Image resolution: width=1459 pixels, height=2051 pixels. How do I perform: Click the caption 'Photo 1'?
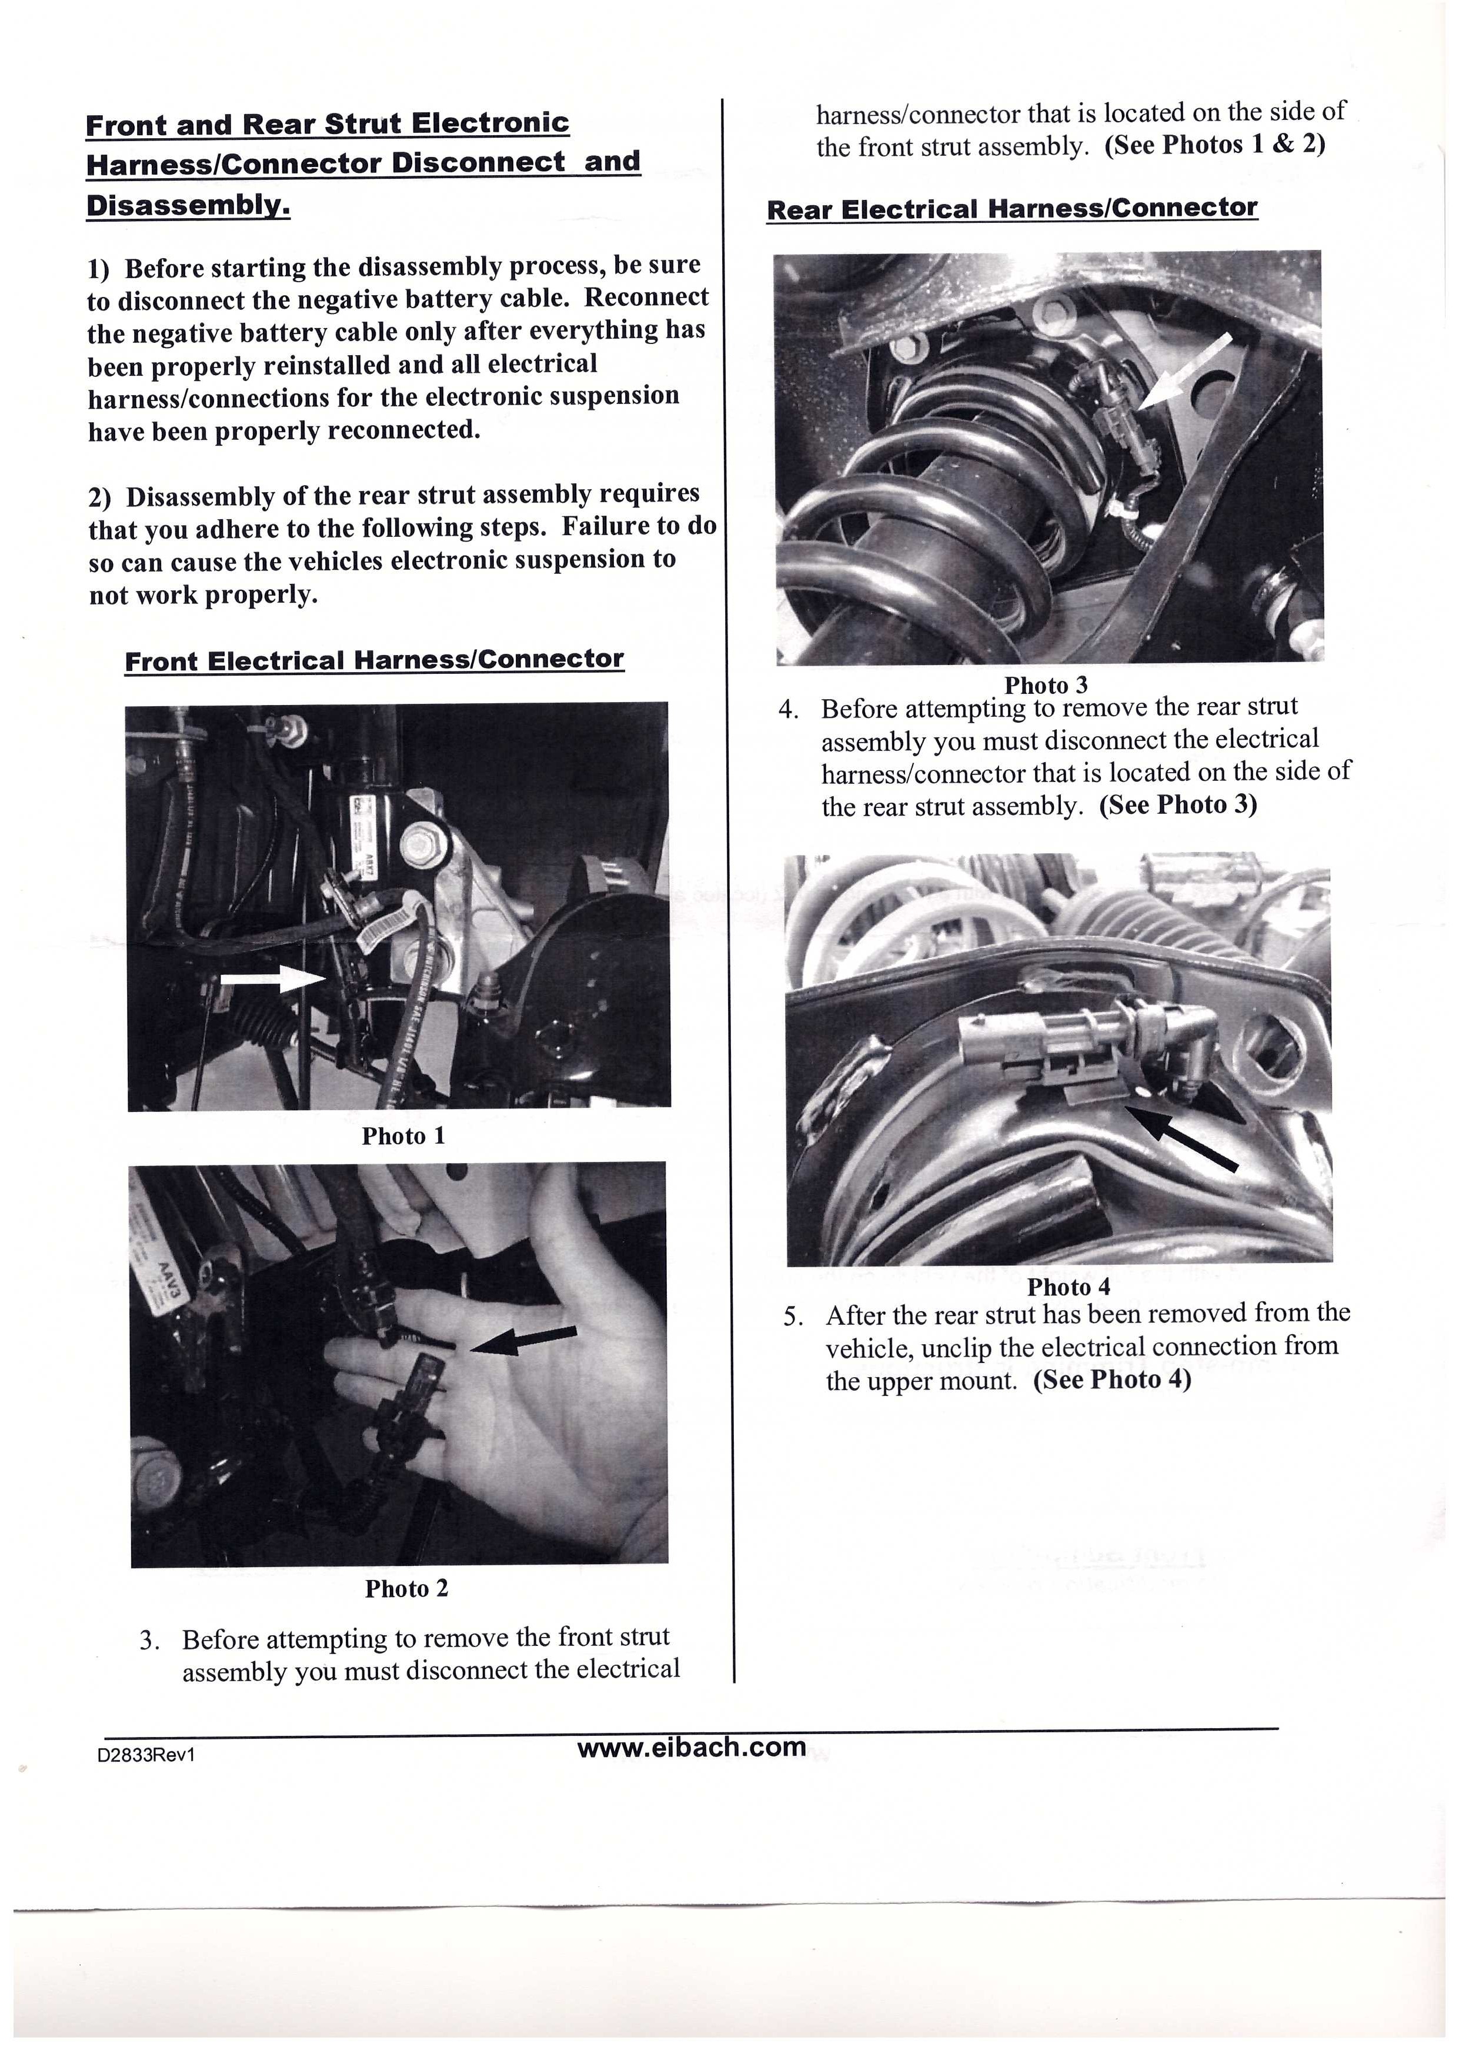[x=403, y=1137]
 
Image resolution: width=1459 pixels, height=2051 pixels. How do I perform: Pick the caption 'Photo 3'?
[x=1046, y=686]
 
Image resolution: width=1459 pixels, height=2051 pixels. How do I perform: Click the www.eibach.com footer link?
[x=691, y=1748]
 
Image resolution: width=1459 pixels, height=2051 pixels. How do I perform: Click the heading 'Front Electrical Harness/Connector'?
[x=374, y=660]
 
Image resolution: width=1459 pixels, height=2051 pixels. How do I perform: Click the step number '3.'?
[x=150, y=1641]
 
